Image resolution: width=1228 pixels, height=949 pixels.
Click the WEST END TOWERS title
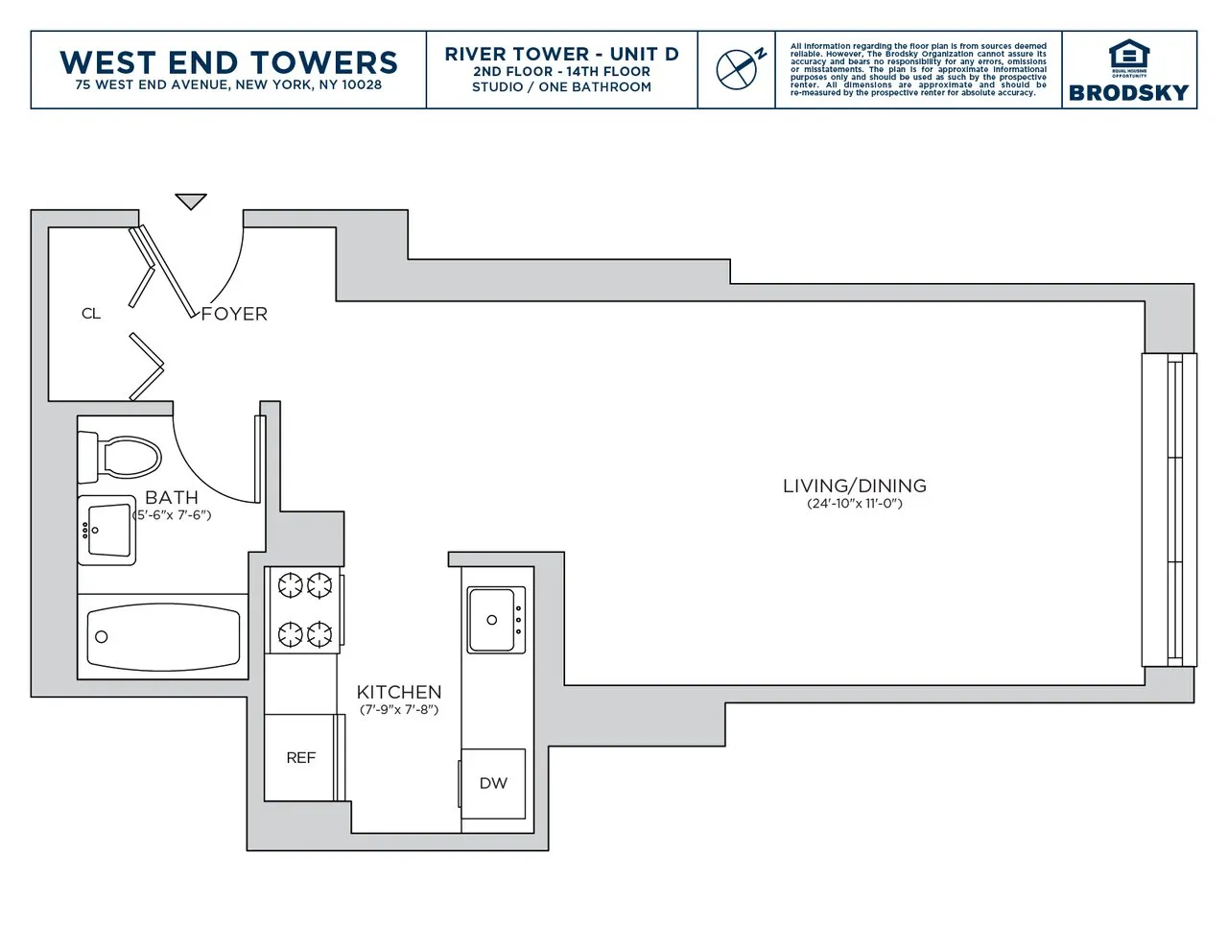click(228, 61)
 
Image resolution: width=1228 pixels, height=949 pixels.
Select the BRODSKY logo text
click(1128, 92)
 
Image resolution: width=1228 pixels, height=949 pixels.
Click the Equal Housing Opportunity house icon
click(1128, 56)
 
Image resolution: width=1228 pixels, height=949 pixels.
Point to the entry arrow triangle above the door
click(191, 201)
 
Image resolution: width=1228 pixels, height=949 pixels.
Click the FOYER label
click(234, 314)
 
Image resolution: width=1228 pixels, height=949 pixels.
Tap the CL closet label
click(91, 314)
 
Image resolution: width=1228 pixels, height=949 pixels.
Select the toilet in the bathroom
click(120, 457)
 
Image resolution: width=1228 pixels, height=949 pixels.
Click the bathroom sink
click(106, 530)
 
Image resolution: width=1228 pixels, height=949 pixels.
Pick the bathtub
click(163, 636)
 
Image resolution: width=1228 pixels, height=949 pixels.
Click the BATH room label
click(172, 497)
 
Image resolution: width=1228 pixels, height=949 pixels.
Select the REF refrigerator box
click(300, 757)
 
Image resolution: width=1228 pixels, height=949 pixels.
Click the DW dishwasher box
click(493, 783)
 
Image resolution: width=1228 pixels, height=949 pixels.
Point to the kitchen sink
click(495, 620)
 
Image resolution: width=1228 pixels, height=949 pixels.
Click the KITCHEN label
click(399, 692)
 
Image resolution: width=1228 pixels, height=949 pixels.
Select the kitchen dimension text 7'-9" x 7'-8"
click(399, 710)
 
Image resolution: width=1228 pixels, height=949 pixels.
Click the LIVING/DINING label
click(854, 486)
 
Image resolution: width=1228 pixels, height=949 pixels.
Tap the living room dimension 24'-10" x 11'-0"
click(854, 504)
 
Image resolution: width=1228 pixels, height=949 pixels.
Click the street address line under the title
click(228, 85)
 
